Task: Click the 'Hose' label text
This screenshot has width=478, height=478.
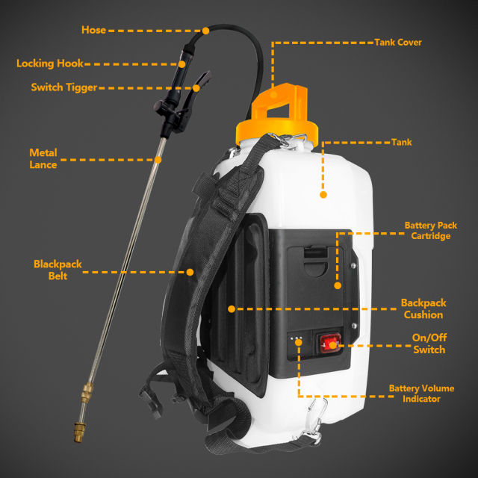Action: coord(93,31)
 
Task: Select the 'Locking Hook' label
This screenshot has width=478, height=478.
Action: coord(50,63)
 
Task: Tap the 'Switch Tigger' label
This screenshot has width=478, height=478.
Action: coord(63,87)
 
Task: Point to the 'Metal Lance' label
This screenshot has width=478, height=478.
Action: coord(43,158)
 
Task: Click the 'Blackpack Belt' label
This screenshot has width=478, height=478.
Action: coord(58,270)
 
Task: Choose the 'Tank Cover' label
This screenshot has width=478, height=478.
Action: coord(398,43)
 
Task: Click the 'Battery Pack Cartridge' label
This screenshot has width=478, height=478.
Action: coord(427,230)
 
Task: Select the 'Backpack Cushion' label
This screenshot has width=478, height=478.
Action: coord(423,308)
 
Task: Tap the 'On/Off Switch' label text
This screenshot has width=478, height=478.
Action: coord(429,344)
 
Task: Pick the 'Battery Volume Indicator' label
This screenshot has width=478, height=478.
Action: coord(421,394)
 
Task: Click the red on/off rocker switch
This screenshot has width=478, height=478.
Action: coord(330,344)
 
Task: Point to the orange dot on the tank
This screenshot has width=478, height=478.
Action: coord(323,195)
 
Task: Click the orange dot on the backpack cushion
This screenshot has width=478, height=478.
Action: coord(232,308)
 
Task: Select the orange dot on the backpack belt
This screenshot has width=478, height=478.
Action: coord(190,272)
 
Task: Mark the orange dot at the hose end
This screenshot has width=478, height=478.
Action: coord(205,31)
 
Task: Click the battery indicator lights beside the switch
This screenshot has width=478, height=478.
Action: coord(297,339)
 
